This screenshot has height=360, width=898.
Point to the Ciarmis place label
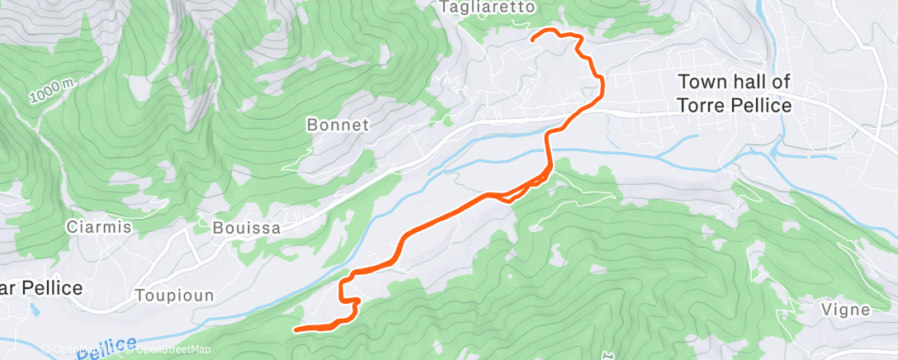coord(99,227)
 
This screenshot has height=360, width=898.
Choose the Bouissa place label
coord(247,227)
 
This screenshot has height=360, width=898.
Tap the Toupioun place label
coord(175,296)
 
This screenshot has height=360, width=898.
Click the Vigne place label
coord(846,310)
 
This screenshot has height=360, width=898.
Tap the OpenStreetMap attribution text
coord(169,350)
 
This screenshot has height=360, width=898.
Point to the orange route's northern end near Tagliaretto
coord(532,38)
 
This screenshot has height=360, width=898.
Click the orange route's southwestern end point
coord(296,329)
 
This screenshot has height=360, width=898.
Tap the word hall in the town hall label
coord(749,82)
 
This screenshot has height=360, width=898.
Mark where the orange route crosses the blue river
coord(546,149)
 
